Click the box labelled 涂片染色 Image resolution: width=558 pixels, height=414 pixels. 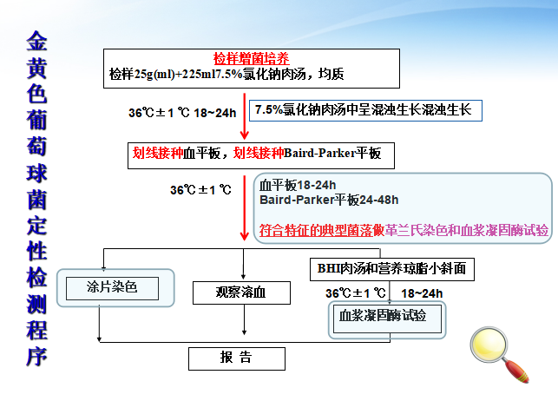pyautogui.click(x=112, y=287)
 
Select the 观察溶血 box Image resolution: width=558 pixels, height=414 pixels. pyautogui.click(x=241, y=293)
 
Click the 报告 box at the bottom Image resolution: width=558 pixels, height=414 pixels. pyautogui.click(x=235, y=358)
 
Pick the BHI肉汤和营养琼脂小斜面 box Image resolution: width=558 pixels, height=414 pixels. pyautogui.click(x=392, y=270)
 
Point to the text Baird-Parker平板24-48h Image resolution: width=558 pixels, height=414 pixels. pyautogui.click(x=330, y=200)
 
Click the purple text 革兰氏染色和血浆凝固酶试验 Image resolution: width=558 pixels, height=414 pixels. pyautogui.click(x=466, y=231)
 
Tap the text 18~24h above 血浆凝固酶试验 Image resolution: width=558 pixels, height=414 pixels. pyautogui.click(x=423, y=293)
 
